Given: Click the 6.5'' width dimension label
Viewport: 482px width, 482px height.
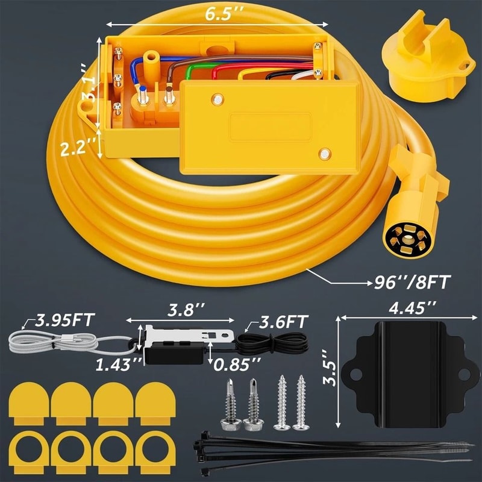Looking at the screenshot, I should click(219, 14).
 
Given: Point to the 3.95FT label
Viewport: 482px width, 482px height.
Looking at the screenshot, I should click(66, 320).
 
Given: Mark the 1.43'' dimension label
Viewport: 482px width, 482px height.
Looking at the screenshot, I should click(119, 363).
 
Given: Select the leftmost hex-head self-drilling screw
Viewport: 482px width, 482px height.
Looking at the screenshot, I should click(230, 404).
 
